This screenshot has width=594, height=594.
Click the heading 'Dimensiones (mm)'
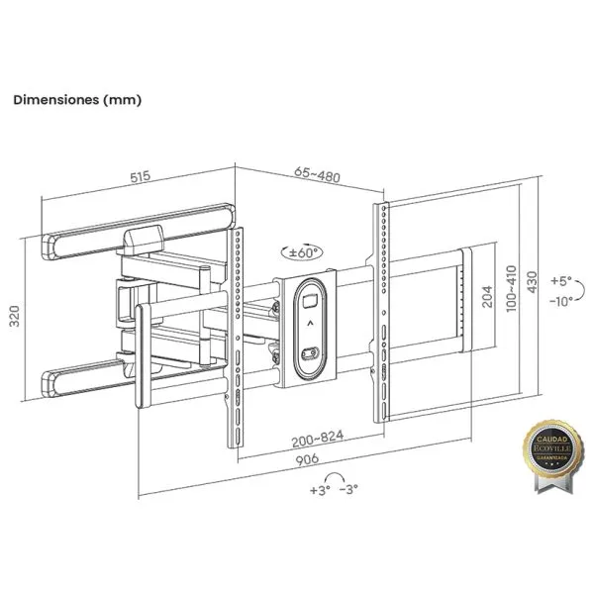tap(77, 100)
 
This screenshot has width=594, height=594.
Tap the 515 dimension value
tap(139, 177)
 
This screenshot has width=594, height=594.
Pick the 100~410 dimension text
tap(511, 288)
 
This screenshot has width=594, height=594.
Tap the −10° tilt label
tap(564, 301)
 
